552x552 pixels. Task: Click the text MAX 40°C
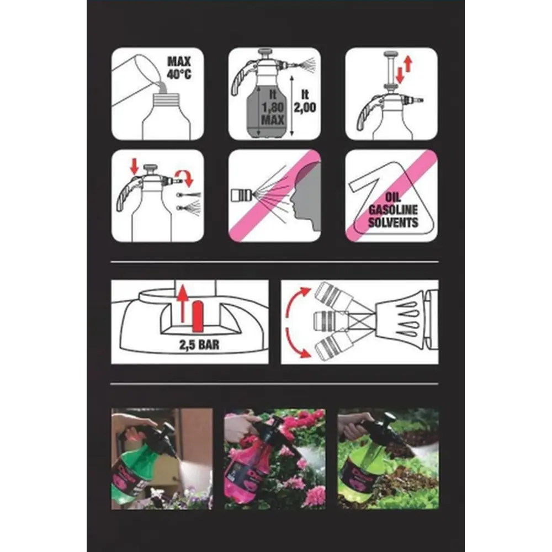pyautogui.click(x=179, y=68)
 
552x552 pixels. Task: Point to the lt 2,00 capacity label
pyautogui.click(x=305, y=100)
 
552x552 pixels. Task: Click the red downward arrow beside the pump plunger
pyautogui.click(x=400, y=75)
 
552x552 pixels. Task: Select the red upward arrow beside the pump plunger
pyautogui.click(x=408, y=64)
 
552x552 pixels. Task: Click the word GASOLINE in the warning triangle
pyautogui.click(x=393, y=210)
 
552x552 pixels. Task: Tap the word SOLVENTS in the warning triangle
pyautogui.click(x=393, y=222)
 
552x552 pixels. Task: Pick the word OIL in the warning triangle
pyautogui.click(x=393, y=198)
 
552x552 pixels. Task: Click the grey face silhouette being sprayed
pyautogui.click(x=306, y=197)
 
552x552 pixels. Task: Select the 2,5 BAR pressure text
pyautogui.click(x=199, y=344)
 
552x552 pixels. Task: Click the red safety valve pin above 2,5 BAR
pyautogui.click(x=198, y=316)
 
